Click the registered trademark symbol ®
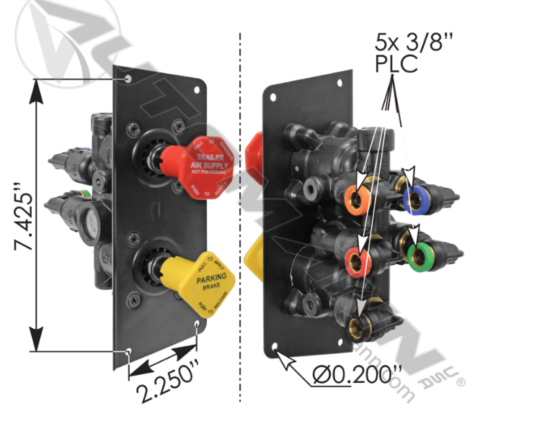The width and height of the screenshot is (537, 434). (461, 383)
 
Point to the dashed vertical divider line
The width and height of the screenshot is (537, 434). (239, 216)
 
